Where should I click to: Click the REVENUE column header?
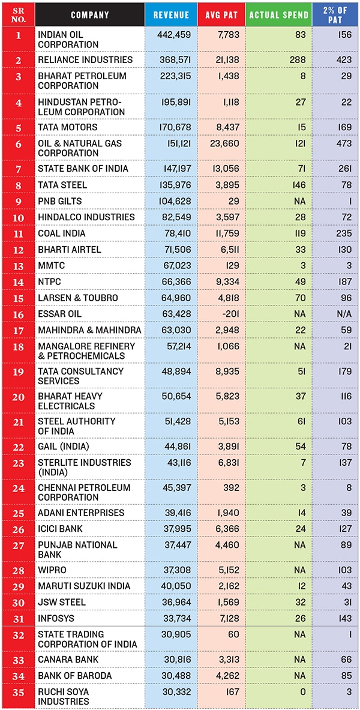(x=171, y=15)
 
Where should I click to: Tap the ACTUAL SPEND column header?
(x=279, y=15)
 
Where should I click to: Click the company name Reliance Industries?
(x=85, y=60)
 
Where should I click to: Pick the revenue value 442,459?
(x=174, y=35)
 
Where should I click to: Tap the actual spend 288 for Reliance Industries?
(x=298, y=60)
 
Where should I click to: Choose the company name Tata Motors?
(x=67, y=127)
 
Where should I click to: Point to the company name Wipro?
(x=53, y=570)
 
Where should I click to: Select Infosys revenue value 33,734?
(x=176, y=618)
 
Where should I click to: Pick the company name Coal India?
(x=62, y=233)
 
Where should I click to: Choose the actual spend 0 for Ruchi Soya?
(x=303, y=692)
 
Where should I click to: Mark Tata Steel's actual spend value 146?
(x=298, y=185)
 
